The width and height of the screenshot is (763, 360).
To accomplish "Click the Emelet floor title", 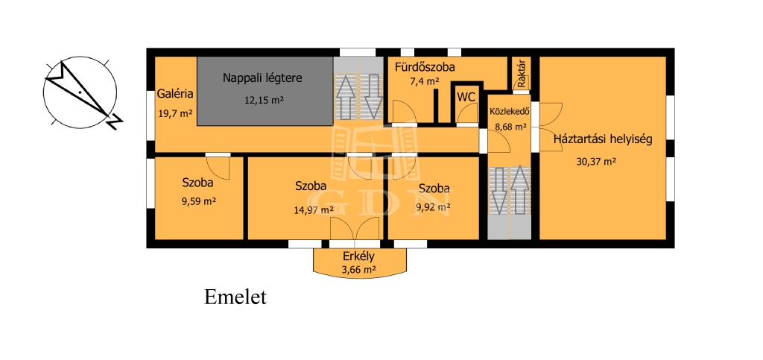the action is point(235,297).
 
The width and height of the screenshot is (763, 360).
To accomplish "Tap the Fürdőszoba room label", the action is point(425,67).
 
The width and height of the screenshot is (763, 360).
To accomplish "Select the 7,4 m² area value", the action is point(424,81).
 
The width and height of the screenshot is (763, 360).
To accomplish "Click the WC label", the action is point(466,97).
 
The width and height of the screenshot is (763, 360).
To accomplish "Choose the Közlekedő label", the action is point(508,110).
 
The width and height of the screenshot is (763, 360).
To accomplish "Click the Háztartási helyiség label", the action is point(602,140).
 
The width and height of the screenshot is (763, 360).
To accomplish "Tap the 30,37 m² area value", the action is point(596,162).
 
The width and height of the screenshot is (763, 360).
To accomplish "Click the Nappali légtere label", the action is point(263,78).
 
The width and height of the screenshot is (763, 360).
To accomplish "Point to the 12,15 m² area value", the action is point(265,100).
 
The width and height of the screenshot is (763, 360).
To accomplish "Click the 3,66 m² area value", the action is point(359,269).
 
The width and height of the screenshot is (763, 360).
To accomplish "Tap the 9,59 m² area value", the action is point(198,200).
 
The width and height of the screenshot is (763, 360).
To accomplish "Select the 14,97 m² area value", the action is point(314,210).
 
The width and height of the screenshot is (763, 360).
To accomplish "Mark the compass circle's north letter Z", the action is point(114,121).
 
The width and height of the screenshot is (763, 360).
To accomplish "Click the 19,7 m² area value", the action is point(175,114).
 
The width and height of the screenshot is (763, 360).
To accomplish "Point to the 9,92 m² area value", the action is point(433,208).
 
